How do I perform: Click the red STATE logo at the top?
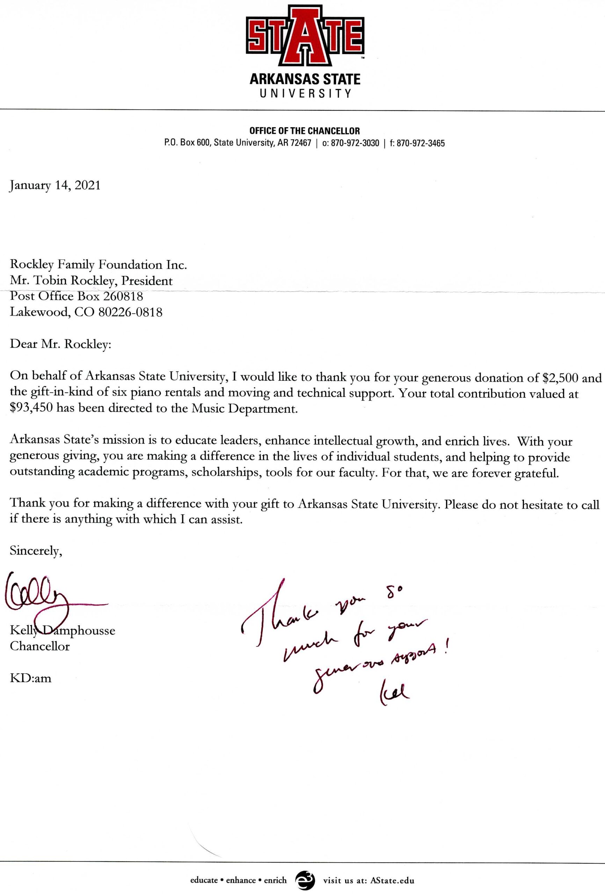(x=305, y=35)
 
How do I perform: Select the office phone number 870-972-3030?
(x=355, y=144)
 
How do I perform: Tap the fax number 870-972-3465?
(x=420, y=144)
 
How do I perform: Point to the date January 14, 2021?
(x=55, y=185)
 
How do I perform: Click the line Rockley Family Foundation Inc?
(x=98, y=265)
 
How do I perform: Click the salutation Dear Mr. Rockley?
(x=60, y=344)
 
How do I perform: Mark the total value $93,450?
(x=31, y=408)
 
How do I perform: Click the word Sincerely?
(x=36, y=551)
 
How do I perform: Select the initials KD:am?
(x=30, y=678)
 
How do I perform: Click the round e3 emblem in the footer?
(x=305, y=880)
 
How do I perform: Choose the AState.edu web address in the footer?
(x=392, y=880)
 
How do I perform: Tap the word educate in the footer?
(x=204, y=880)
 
